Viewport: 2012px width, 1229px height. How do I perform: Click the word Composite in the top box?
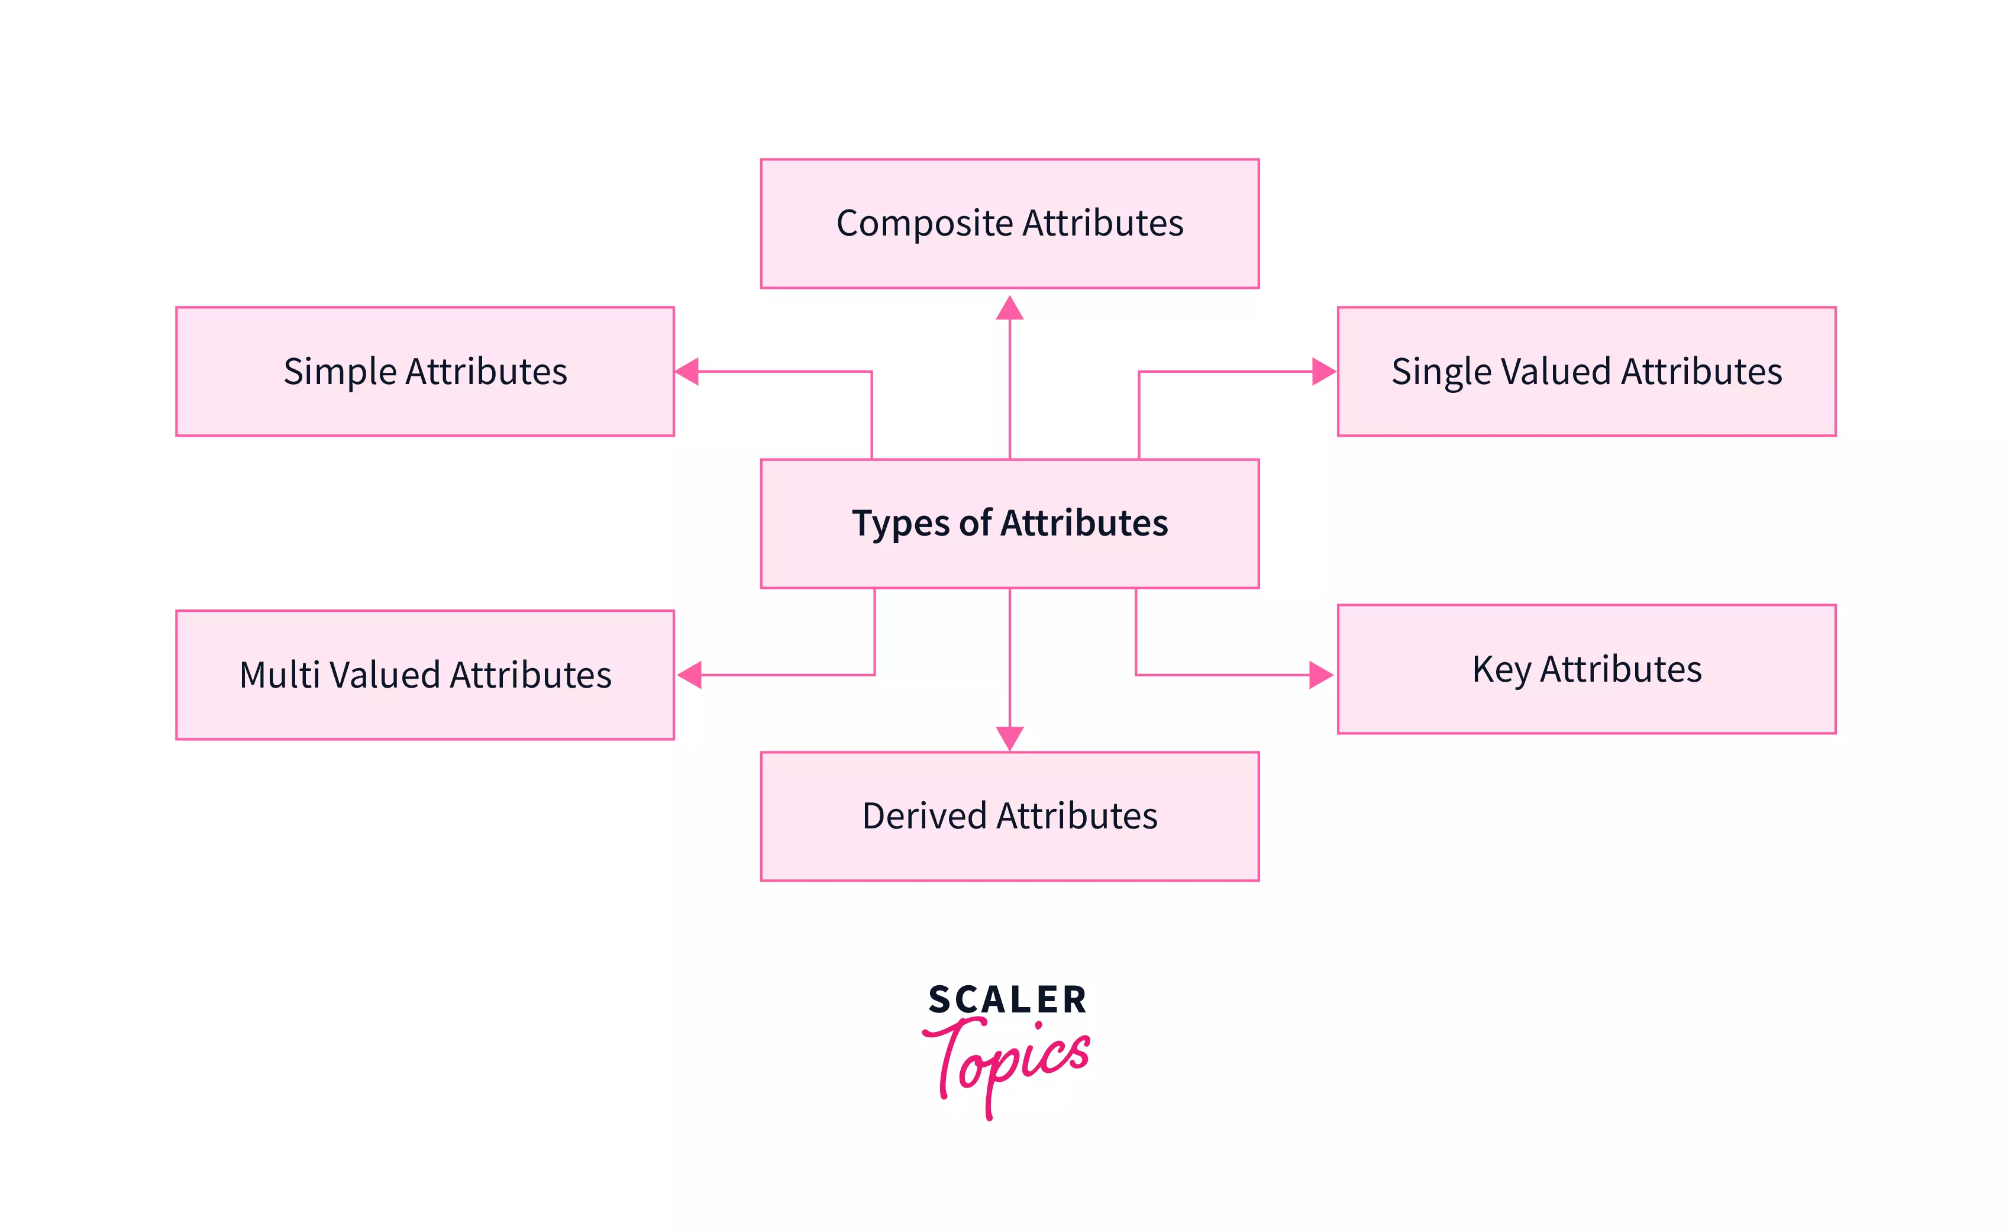924,224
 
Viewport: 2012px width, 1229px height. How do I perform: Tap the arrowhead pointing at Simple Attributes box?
687,372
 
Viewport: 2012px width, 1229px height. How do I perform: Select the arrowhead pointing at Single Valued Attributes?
1323,372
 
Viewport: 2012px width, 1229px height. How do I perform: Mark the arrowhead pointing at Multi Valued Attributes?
690,675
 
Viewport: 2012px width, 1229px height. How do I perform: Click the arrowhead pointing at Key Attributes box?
1320,675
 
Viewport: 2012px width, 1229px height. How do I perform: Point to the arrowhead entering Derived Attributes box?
1010,737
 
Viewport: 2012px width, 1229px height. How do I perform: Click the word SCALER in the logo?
1007,999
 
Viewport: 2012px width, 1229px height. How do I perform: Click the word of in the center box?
975,522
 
